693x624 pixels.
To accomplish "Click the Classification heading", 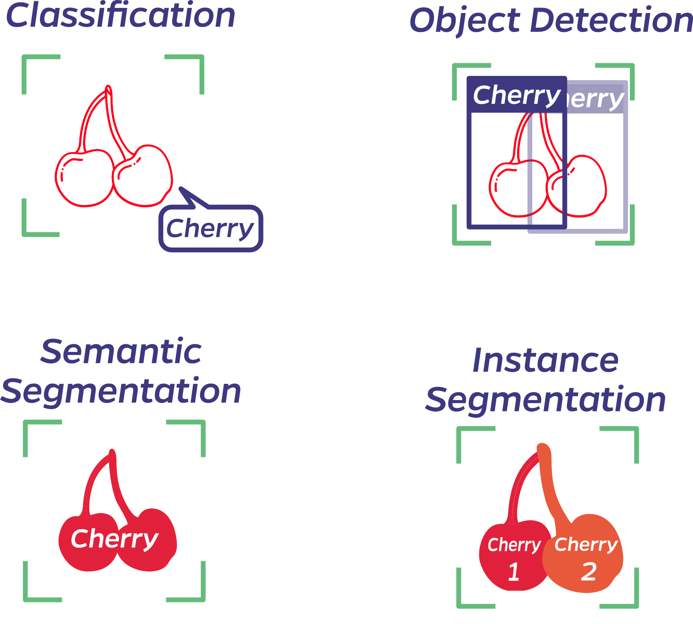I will [x=121, y=16].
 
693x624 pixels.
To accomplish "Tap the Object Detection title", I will [x=551, y=21].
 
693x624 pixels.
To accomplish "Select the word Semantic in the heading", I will [x=121, y=351].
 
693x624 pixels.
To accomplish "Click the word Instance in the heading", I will [x=545, y=360].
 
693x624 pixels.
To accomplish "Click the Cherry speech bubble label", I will [x=210, y=228].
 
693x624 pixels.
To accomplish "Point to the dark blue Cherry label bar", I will [x=516, y=95].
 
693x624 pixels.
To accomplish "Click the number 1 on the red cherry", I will [x=514, y=571].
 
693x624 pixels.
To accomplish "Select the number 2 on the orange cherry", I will [x=589, y=571].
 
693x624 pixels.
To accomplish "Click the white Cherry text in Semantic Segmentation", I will [x=115, y=539].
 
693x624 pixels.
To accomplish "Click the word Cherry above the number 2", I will [x=586, y=545].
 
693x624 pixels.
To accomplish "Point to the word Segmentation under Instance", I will [x=545, y=400].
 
